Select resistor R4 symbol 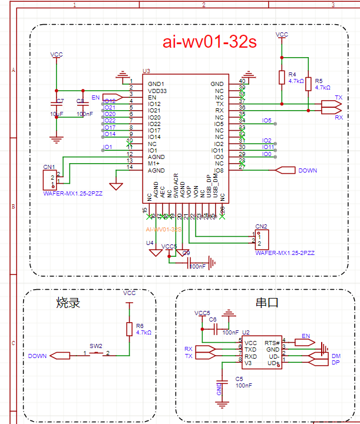(281, 77)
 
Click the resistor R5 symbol (308, 84)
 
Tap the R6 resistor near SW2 (128, 329)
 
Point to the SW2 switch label (95, 346)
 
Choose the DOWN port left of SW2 (61, 356)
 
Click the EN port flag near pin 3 (110, 97)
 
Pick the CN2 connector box (261, 239)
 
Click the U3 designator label (146, 71)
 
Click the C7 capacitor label (59, 101)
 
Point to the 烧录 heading (68, 304)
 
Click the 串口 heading (266, 304)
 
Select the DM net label (336, 356)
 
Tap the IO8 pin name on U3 (218, 170)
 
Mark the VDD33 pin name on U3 (157, 91)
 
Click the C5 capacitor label (239, 379)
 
